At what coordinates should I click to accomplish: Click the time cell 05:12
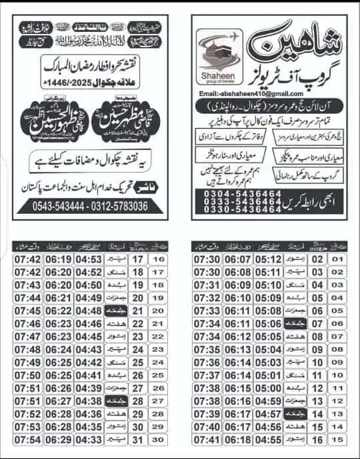click(x=268, y=259)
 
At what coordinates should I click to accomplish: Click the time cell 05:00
click(x=268, y=388)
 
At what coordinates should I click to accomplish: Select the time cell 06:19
click(x=59, y=259)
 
